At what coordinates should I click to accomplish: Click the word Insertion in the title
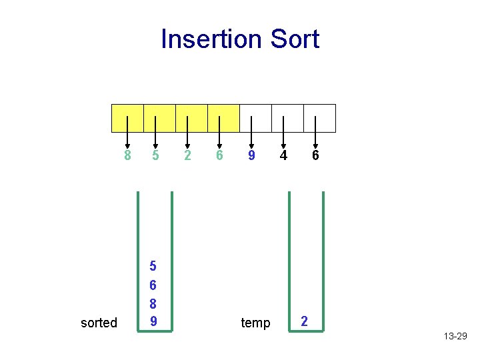click(212, 39)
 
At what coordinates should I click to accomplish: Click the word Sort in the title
click(295, 39)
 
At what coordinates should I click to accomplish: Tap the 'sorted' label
click(99, 323)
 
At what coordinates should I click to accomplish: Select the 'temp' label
click(255, 323)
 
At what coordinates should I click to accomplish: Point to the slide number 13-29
click(455, 337)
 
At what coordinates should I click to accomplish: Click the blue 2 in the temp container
click(305, 321)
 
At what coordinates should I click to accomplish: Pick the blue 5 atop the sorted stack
click(153, 267)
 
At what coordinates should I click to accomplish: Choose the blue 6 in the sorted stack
click(153, 285)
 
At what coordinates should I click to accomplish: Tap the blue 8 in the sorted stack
click(153, 303)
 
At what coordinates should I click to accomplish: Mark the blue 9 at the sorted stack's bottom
click(153, 321)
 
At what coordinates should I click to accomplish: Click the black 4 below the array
click(283, 156)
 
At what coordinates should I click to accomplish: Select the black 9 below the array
click(251, 156)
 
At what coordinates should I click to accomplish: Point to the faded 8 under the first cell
click(127, 156)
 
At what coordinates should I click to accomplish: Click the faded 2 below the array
click(187, 156)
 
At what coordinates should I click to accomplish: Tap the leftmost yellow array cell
click(127, 118)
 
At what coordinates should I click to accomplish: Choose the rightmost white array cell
click(319, 118)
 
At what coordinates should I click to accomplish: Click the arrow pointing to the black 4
click(283, 130)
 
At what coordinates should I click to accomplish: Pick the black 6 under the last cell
click(315, 156)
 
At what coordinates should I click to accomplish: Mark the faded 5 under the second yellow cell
click(155, 156)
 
